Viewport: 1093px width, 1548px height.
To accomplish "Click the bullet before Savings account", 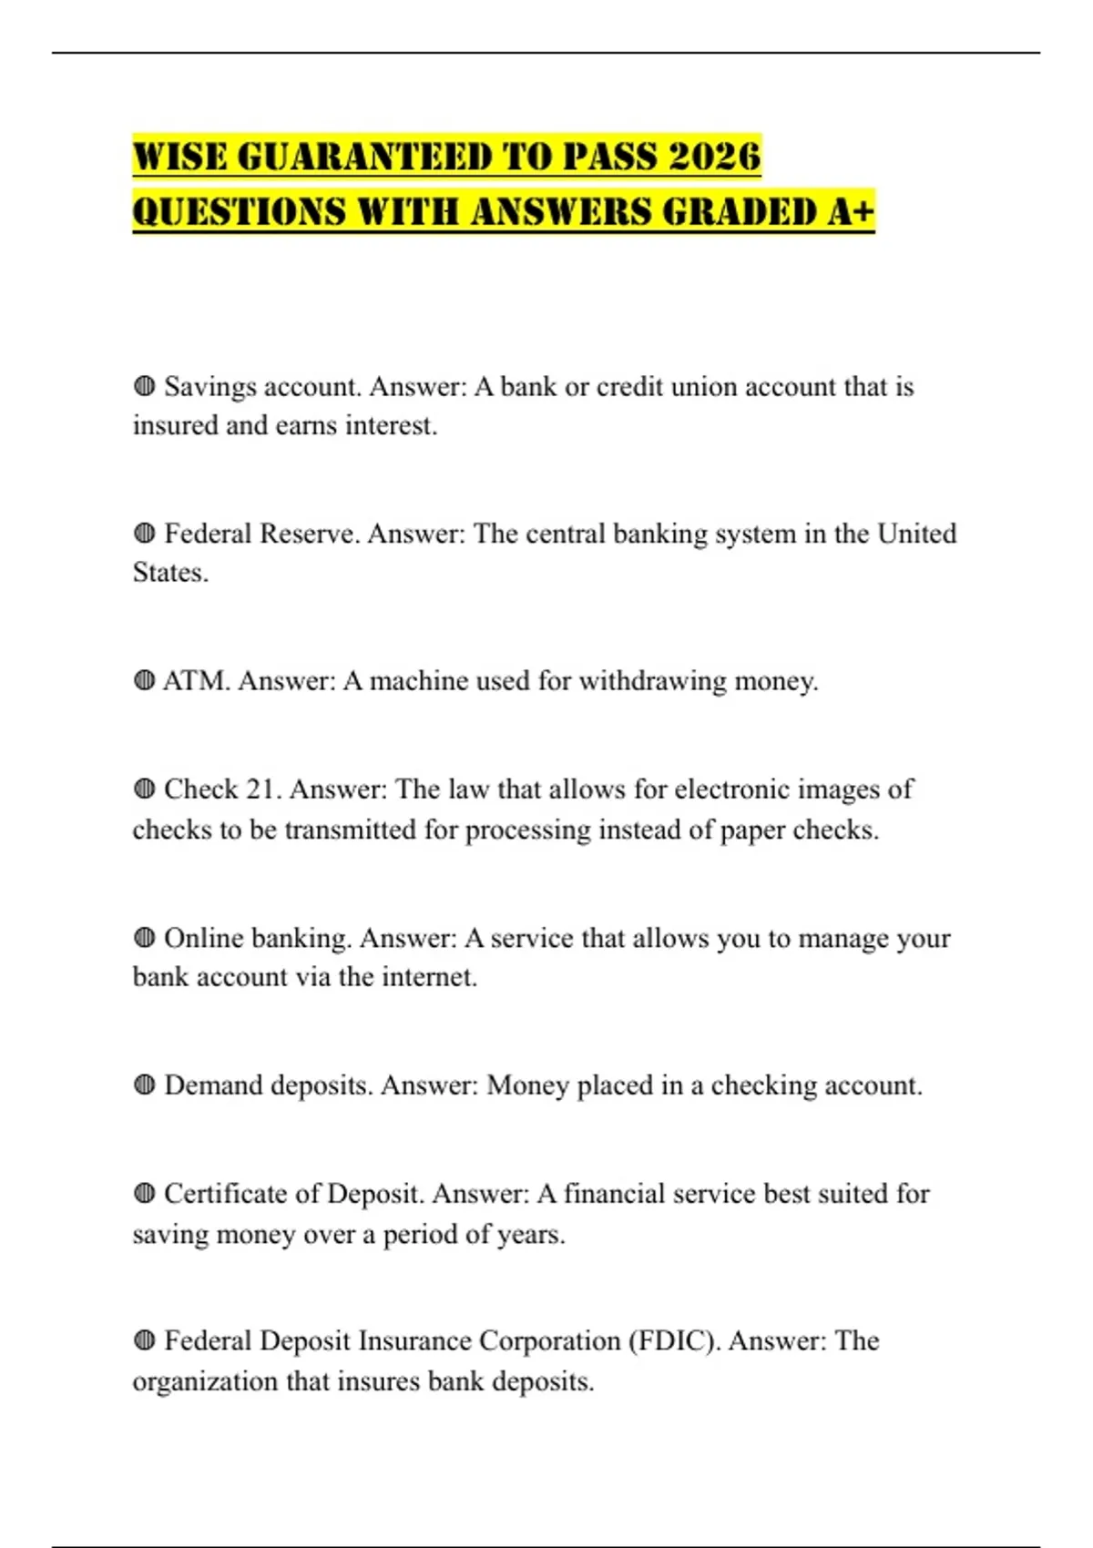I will pos(144,386).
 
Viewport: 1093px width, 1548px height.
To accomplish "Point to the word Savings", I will pos(210,387).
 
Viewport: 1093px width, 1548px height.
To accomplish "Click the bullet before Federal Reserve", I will pos(144,533).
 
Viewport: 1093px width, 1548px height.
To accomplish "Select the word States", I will pos(169,573).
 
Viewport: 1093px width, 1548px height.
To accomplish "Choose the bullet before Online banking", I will pos(144,937).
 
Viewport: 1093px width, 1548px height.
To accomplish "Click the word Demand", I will pos(213,1085).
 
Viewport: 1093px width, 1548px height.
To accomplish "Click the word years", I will pos(532,1235).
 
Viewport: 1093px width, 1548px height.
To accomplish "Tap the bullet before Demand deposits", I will pos(144,1085).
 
